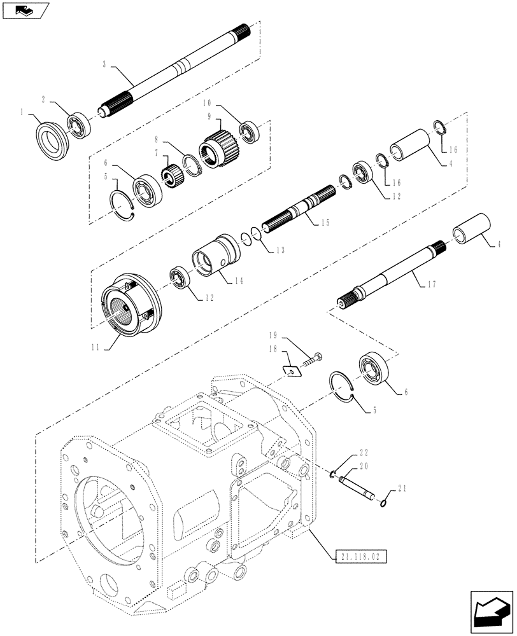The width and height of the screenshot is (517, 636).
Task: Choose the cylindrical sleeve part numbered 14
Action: click(x=215, y=254)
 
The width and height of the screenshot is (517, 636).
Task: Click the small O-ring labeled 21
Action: click(x=383, y=504)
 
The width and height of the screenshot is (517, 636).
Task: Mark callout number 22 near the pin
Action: click(x=363, y=453)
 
